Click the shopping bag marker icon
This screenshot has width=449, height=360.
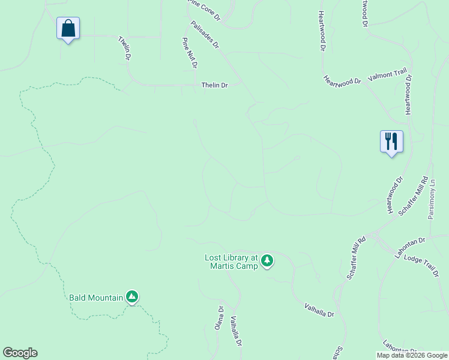coord(68,28)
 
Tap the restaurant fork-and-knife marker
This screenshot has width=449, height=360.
coord(391,142)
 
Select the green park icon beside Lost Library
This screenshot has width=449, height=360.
coord(267,261)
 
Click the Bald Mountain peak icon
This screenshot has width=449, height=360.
coord(132,296)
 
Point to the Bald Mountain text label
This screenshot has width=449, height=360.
coord(96,297)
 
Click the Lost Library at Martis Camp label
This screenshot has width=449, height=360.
coord(231,262)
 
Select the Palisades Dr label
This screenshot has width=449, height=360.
coord(205,35)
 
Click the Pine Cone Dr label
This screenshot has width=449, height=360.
coord(204,10)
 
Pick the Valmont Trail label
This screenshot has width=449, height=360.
coord(387,75)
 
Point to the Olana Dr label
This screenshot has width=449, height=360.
coord(220,317)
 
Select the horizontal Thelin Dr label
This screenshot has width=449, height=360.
coord(214,85)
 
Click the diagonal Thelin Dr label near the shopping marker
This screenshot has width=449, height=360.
coord(125,48)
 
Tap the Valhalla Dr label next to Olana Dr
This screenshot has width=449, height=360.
coord(236,332)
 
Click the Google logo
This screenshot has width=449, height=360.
coord(20,353)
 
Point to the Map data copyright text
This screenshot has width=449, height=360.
coord(411,355)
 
